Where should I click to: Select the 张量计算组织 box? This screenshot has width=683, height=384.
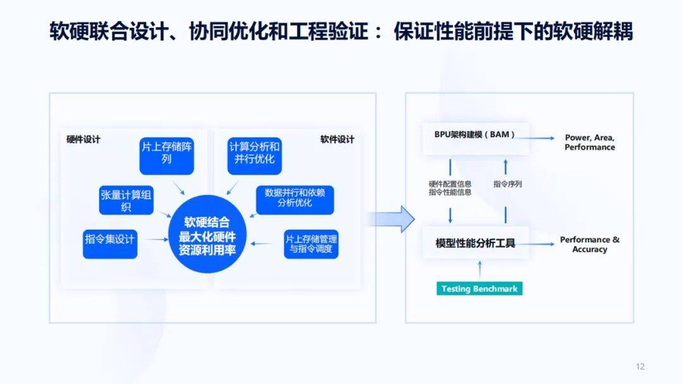point(126,201)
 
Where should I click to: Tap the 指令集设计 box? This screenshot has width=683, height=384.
point(110,240)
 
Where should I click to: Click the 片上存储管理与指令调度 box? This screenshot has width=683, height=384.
point(311,244)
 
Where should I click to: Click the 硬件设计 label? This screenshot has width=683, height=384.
point(83,140)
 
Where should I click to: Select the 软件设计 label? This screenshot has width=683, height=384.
point(337,140)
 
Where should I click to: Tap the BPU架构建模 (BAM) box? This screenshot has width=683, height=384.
point(475,135)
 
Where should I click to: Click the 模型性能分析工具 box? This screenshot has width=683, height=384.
point(475,243)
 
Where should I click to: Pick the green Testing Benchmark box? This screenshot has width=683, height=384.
point(479,288)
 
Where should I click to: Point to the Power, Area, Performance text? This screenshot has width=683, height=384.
point(589,142)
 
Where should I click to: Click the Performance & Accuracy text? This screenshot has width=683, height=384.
point(589,244)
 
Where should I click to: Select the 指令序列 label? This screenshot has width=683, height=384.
point(507,184)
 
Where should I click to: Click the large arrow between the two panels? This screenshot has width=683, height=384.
point(391,219)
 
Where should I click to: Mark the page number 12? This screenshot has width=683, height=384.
point(640,367)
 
